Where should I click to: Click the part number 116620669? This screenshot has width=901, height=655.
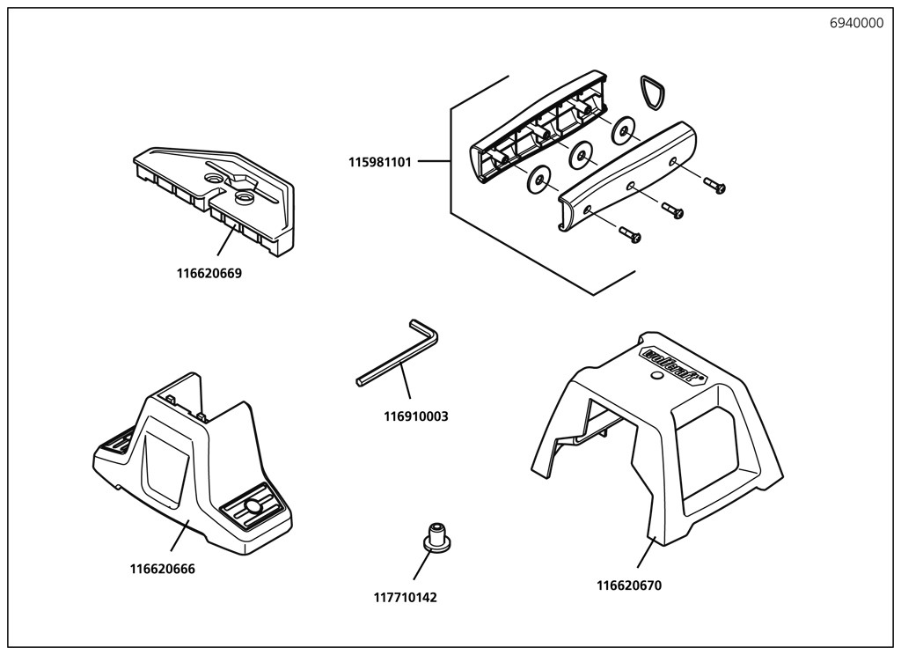tap(209, 273)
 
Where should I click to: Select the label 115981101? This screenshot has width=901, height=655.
tap(379, 162)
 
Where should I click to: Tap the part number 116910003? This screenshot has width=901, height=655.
tap(416, 416)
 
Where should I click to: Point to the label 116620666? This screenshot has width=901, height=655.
tap(163, 569)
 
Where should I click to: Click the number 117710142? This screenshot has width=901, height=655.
tap(405, 597)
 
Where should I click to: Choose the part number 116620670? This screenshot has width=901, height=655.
tap(629, 585)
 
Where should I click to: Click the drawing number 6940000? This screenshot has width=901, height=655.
tap(856, 24)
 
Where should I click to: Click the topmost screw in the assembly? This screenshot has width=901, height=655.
tap(714, 185)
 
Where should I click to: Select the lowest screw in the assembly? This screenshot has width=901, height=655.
tap(630, 235)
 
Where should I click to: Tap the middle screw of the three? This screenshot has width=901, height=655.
tap(672, 210)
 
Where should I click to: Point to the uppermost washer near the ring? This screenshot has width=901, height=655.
tap(624, 130)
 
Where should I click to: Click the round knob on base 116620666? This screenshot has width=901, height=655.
tap(253, 507)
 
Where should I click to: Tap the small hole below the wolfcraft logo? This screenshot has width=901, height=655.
tap(655, 377)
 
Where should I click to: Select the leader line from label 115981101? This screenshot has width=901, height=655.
tap(434, 162)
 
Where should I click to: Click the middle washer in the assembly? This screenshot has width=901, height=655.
tap(580, 156)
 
